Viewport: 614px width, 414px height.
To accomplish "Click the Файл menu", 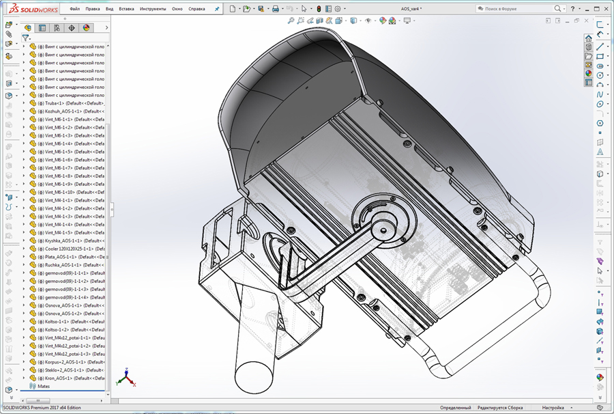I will coord(75,9).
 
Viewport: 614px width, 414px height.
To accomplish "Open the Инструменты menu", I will coord(153,9).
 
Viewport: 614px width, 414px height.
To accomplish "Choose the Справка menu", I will coord(196,9).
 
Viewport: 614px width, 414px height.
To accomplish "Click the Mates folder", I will coord(44,386).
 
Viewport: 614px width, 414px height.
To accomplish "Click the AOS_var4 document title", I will coord(410,9).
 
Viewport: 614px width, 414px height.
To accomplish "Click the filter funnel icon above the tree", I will coord(25,38).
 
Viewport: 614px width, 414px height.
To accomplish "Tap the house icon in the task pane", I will coord(589,38).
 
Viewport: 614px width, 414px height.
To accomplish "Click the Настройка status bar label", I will coord(553,407).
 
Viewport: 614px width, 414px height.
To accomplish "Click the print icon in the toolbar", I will coord(275,9).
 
